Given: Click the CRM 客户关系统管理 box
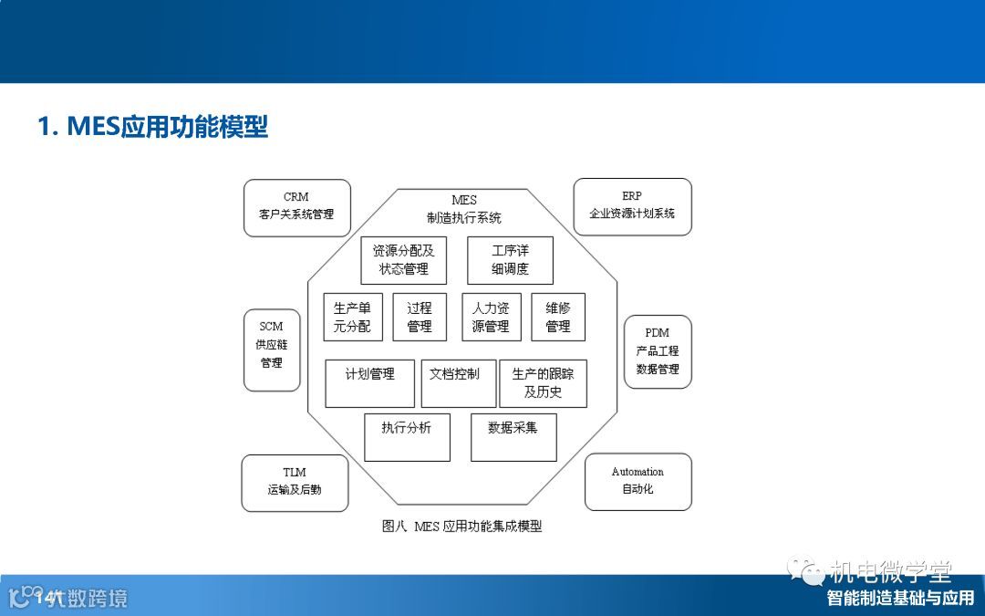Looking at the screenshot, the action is tap(297, 207).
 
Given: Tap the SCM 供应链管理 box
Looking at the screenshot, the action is tap(272, 350).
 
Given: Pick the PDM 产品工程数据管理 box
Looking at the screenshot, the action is tap(657, 351).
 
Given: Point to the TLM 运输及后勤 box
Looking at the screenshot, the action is tap(295, 483).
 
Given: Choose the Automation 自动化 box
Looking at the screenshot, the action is tap(638, 482).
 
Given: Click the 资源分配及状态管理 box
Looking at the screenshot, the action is tap(404, 260).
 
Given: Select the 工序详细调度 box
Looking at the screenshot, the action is tap(510, 260).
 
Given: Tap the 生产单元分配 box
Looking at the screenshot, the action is tap(353, 317).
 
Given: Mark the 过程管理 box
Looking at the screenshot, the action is tap(420, 317).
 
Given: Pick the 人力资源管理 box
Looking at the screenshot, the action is tap(491, 317).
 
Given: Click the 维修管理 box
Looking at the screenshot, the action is tap(558, 317).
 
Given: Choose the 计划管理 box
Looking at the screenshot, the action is tap(369, 383).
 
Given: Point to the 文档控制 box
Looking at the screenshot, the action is tap(457, 383).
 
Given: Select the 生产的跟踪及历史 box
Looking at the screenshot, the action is tap(543, 383).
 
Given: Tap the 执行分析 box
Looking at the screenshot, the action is tap(407, 437).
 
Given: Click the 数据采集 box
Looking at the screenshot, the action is tap(513, 437).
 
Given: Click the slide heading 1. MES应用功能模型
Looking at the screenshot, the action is tap(152, 126).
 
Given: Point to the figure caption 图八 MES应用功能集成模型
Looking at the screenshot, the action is tap(461, 527).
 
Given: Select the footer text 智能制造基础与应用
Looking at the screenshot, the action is tap(900, 599).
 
